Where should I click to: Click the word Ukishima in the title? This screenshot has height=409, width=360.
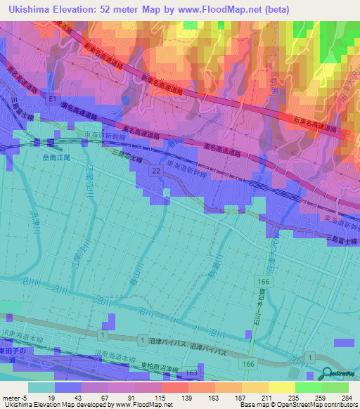click(29, 9)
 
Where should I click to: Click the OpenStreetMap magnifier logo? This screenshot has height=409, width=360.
click(328, 374)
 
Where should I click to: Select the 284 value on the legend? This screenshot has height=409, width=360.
click(347, 397)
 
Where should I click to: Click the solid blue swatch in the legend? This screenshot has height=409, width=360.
click(67, 387)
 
